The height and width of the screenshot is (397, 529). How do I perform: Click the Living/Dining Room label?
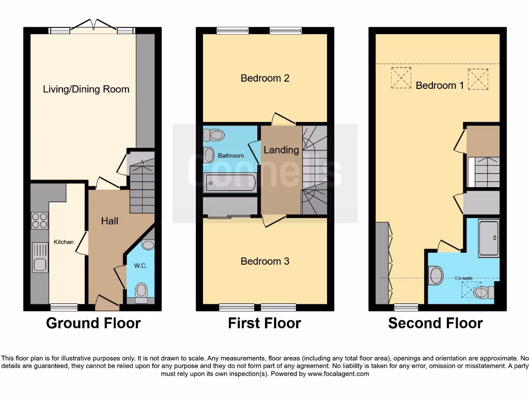pos(86,89)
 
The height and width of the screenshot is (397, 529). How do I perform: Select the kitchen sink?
pos(40,257)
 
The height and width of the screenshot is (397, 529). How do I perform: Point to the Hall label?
pos(110,221)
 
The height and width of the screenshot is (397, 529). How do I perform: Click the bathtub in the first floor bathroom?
pos(230,183)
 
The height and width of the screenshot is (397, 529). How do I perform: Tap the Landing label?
pos(281,150)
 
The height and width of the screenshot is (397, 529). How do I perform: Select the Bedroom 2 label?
pos(264,78)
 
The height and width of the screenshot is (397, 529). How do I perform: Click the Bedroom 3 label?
pos(264,261)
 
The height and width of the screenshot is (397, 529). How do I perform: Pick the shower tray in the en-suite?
pos(488,238)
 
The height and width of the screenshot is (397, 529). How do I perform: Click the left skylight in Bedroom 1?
pos(401,78)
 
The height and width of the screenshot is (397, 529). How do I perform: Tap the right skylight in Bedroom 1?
pos(477,79)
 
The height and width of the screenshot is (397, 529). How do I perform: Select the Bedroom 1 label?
pos(440,85)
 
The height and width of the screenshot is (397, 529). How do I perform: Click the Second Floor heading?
pos(435,324)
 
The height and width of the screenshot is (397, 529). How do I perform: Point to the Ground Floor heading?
pos(94,324)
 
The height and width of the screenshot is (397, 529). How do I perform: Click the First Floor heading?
pos(264,324)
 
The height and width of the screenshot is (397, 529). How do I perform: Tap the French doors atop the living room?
pos(94,26)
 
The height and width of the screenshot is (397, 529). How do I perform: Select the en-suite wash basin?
pos(435,276)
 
